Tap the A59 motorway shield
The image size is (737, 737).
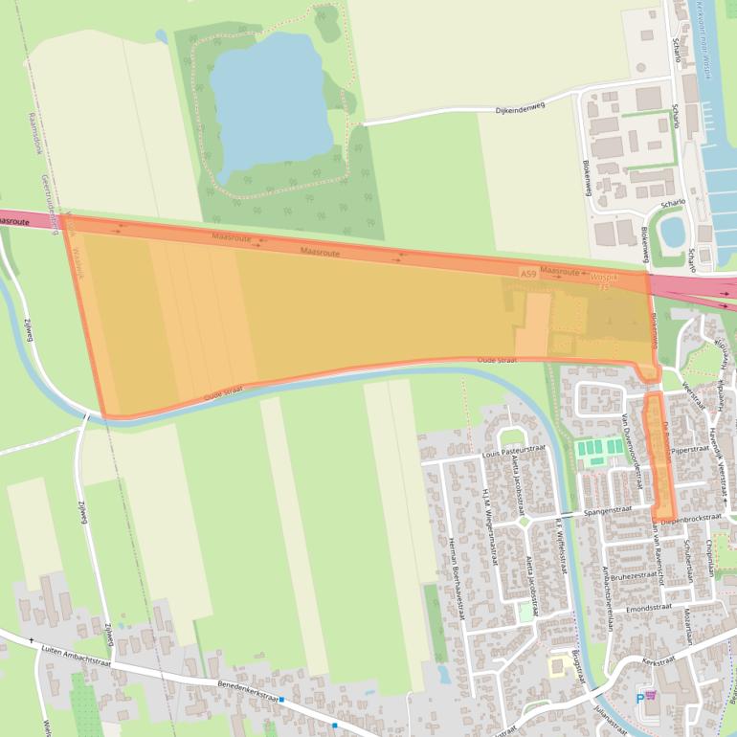tap(528, 274)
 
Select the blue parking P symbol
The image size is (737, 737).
tap(640, 699)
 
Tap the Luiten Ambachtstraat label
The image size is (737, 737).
tap(77, 655)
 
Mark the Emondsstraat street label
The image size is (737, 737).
tap(652, 606)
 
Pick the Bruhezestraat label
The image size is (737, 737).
tap(635, 576)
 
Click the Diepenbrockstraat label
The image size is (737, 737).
tap(690, 518)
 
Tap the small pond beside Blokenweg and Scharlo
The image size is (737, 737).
tap(673, 231)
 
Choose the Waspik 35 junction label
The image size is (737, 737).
tap(605, 280)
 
